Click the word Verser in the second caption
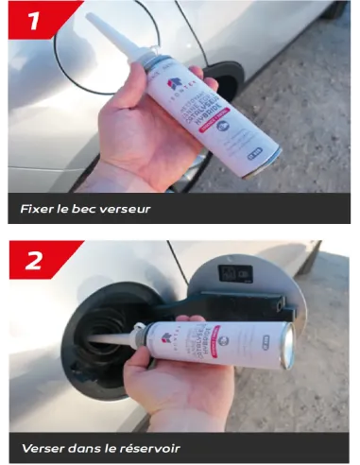pyautogui.click(x=43, y=446)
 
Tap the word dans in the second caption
pyautogui.click(x=93, y=446)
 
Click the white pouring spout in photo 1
pyautogui.click(x=108, y=38)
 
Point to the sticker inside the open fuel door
pyautogui.click(x=235, y=274)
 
